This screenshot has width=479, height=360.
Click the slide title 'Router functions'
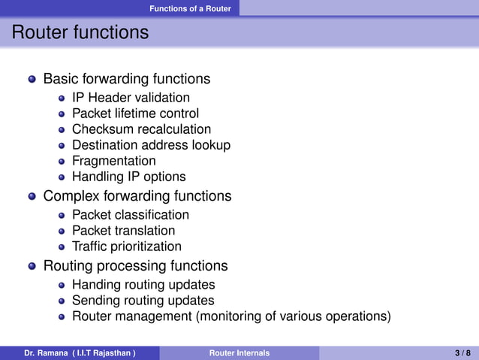[80, 33]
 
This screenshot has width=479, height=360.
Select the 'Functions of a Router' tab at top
[190, 8]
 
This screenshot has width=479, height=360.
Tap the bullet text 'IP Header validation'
[131, 98]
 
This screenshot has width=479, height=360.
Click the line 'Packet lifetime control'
[135, 113]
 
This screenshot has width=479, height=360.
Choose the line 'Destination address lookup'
[151, 145]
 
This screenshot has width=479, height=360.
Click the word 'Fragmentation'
[114, 161]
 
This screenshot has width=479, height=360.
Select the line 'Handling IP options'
[128, 177]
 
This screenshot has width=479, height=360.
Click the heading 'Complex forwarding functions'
[137, 196]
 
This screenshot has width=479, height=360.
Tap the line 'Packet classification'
[131, 215]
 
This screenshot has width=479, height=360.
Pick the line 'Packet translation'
[123, 231]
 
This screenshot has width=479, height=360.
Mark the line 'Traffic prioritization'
[126, 247]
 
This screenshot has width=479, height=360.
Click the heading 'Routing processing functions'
[135, 266]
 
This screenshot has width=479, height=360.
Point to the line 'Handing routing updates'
[143, 285]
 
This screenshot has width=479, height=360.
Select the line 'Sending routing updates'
[143, 301]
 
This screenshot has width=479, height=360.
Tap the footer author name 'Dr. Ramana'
[45, 352]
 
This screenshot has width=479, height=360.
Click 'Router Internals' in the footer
[239, 352]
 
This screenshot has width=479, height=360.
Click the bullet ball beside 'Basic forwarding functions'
[32, 79]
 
